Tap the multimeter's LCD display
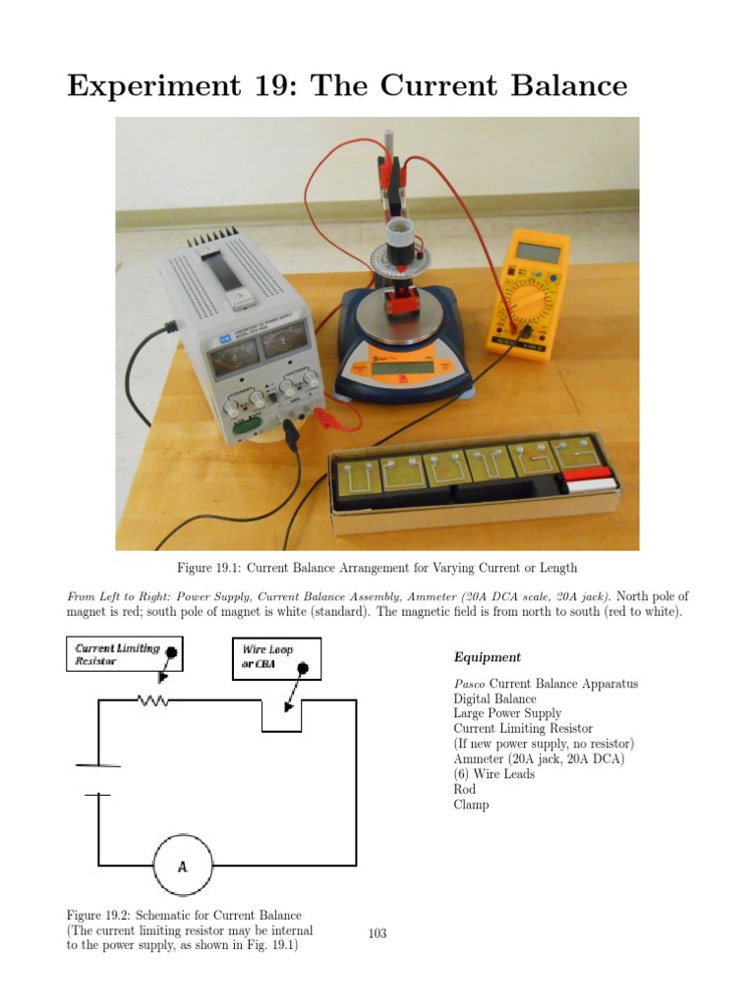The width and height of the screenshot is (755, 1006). pyautogui.click(x=538, y=252)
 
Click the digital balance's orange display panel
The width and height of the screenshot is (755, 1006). pyautogui.click(x=396, y=367)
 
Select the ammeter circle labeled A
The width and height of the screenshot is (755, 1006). pyautogui.click(x=182, y=866)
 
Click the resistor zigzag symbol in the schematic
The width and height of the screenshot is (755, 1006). pyautogui.click(x=152, y=699)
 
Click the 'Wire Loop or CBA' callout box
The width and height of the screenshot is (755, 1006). pyautogui.click(x=276, y=657)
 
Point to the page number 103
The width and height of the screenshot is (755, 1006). pyautogui.click(x=377, y=933)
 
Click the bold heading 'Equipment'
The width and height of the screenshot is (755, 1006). pyautogui.click(x=488, y=657)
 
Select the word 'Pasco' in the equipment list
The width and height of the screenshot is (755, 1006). pyautogui.click(x=469, y=684)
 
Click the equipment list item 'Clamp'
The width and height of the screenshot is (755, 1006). pyautogui.click(x=471, y=805)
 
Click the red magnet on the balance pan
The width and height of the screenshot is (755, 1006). pyautogui.click(x=402, y=306)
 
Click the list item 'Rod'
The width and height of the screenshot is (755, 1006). pyautogui.click(x=464, y=789)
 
